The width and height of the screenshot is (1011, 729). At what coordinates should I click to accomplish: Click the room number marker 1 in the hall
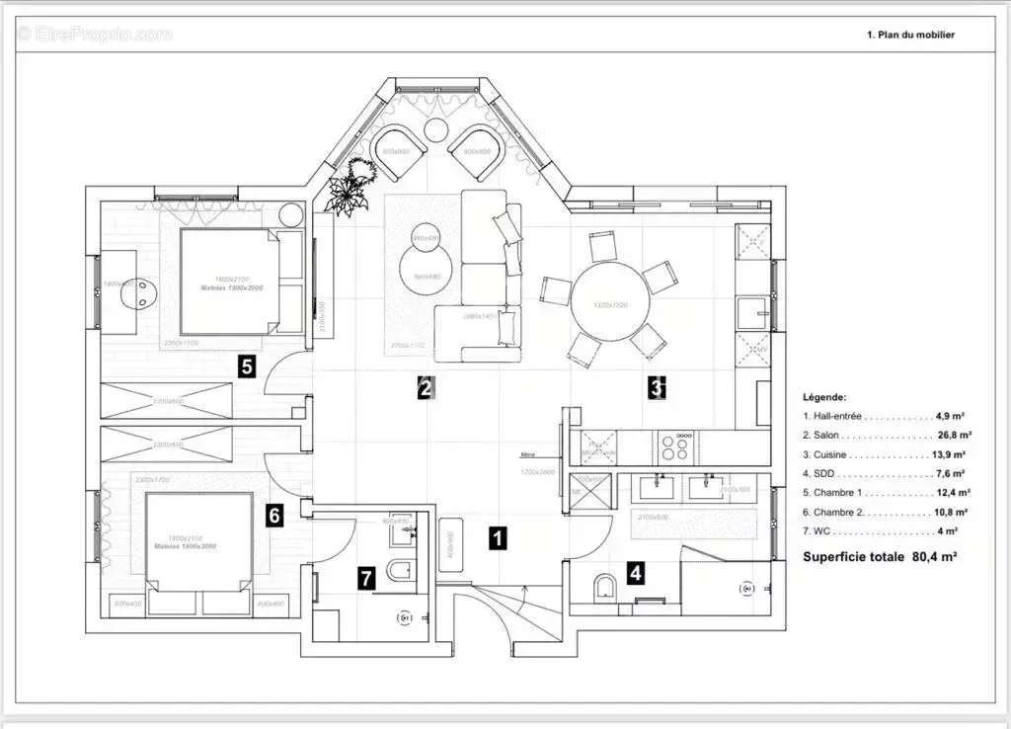499,538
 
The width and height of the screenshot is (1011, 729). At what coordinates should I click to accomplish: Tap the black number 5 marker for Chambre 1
247,367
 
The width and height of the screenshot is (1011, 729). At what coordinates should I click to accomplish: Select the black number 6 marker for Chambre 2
274,515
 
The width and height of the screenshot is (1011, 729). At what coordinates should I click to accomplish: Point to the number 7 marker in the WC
366,579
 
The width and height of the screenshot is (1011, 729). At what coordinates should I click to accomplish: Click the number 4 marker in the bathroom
636,571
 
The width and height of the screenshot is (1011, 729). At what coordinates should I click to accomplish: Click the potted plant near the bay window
352,187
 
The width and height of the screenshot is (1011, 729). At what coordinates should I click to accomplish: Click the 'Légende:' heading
823,396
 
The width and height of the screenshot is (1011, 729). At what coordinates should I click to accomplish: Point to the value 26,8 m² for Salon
954,435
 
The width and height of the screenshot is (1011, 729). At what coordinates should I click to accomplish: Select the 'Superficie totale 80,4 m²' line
879,556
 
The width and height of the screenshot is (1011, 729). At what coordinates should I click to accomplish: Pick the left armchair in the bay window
400,153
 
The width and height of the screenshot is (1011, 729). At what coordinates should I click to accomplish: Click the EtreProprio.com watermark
94,35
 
